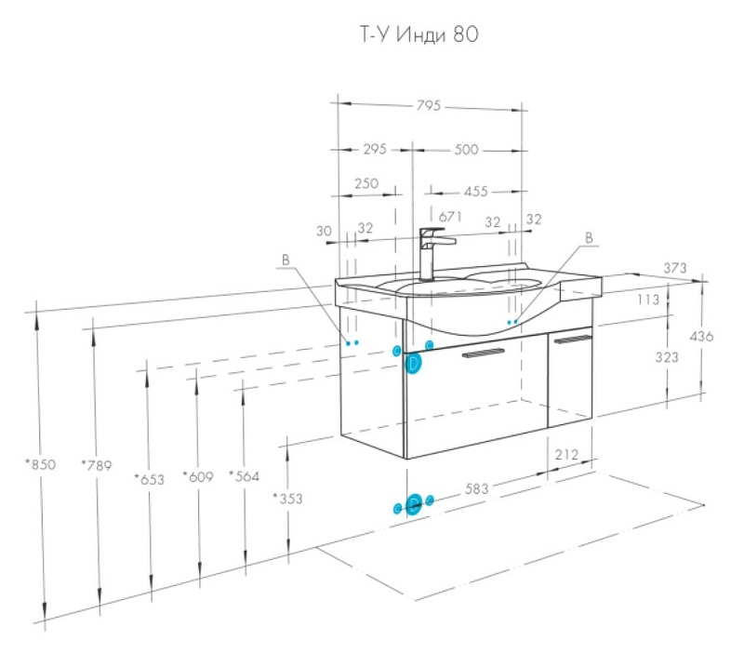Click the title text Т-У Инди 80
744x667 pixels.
point(418,35)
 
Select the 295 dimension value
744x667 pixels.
point(375,149)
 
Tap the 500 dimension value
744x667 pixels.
point(468,149)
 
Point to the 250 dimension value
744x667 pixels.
point(366,183)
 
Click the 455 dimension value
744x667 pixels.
point(475,192)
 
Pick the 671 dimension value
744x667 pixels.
point(451,216)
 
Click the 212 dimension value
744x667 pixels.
point(566,455)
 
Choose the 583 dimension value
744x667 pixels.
point(476,487)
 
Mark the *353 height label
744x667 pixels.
point(287,499)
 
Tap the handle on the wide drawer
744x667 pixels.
point(483,353)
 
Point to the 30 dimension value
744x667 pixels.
point(324,231)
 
